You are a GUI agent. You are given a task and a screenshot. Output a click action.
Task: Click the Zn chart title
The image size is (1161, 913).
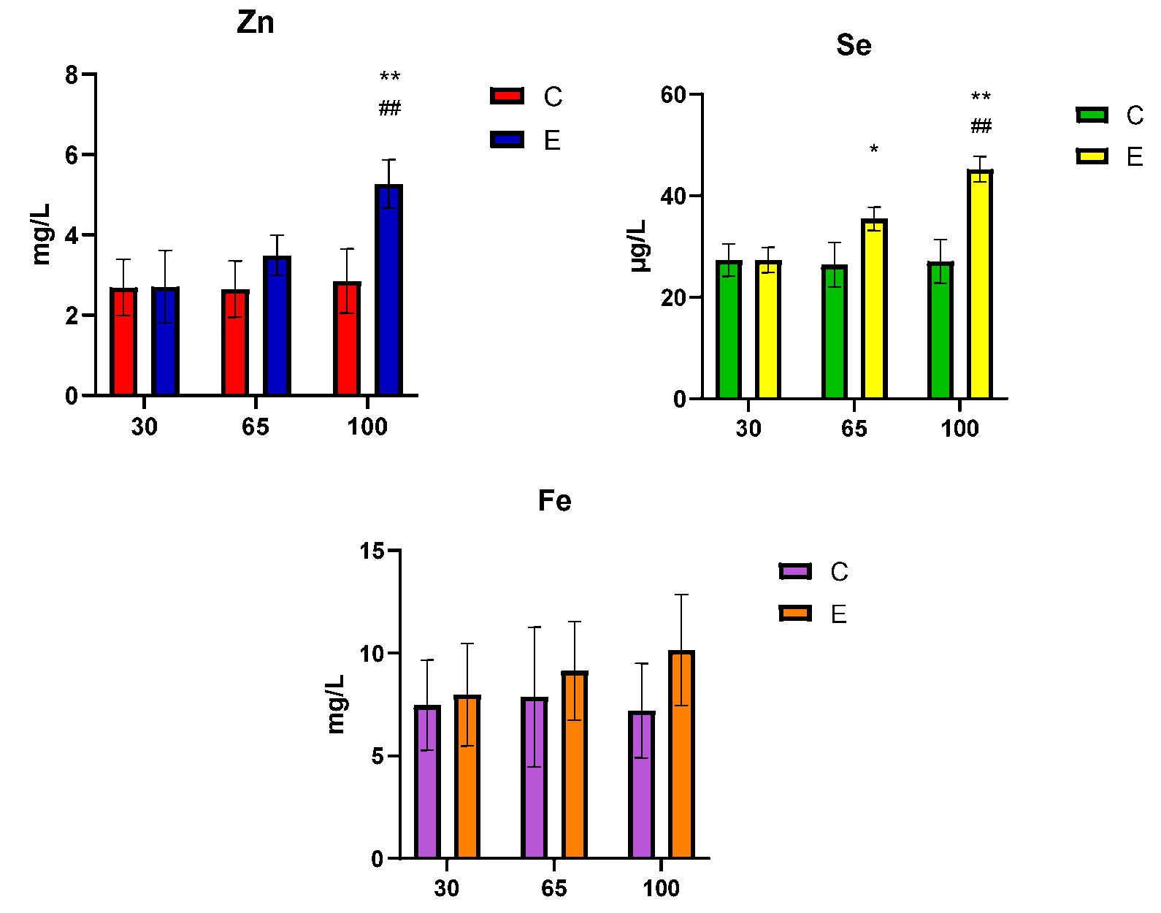pos(256,23)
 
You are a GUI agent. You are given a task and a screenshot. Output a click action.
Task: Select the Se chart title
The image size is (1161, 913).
pos(854,46)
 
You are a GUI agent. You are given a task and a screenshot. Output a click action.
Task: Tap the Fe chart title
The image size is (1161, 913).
pos(554,501)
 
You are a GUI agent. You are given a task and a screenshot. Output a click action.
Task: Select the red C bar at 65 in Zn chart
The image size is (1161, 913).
pos(236,343)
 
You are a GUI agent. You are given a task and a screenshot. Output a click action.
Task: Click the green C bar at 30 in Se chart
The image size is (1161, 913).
pos(729,329)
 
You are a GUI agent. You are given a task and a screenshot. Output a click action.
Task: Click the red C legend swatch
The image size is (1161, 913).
pos(507,96)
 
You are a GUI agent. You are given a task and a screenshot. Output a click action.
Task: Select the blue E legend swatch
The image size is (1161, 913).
pos(507,140)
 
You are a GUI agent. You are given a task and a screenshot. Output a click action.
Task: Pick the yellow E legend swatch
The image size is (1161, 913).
pos(1092,156)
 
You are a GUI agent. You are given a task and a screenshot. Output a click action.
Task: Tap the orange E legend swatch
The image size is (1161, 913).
pos(795,614)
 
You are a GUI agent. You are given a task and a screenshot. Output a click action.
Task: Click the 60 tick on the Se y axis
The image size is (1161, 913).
pos(672,95)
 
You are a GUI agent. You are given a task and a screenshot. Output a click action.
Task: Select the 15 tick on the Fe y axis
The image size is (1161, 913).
pos(372,551)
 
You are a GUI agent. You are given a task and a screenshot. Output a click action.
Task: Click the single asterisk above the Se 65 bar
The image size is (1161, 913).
pos(874,150)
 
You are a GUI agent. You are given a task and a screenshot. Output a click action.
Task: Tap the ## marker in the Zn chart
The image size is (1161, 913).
pos(390,110)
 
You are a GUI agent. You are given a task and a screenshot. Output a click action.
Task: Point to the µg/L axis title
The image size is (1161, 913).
pos(640,245)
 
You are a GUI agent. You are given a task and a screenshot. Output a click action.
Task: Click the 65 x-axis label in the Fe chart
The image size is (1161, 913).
pos(553,888)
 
